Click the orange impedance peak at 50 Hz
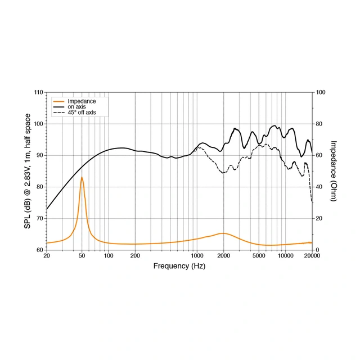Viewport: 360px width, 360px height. point(82,178)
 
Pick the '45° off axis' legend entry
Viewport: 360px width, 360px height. point(82,113)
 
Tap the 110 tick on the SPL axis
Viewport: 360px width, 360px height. point(38,92)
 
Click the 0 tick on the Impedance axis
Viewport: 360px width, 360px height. point(317,250)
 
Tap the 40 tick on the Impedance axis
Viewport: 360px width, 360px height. point(319,187)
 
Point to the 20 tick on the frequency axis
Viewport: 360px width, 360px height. point(47,256)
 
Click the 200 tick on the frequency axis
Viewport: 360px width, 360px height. point(135,256)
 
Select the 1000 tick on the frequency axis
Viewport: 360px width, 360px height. point(197,256)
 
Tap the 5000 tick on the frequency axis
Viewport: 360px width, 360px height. point(259,256)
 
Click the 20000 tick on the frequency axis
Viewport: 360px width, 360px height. point(312,256)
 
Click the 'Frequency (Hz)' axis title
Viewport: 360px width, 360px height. point(179,265)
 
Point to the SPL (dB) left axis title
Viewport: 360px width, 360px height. point(28,171)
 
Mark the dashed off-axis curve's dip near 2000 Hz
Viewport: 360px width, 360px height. point(223,173)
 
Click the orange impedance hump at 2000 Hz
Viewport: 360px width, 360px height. point(223,233)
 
